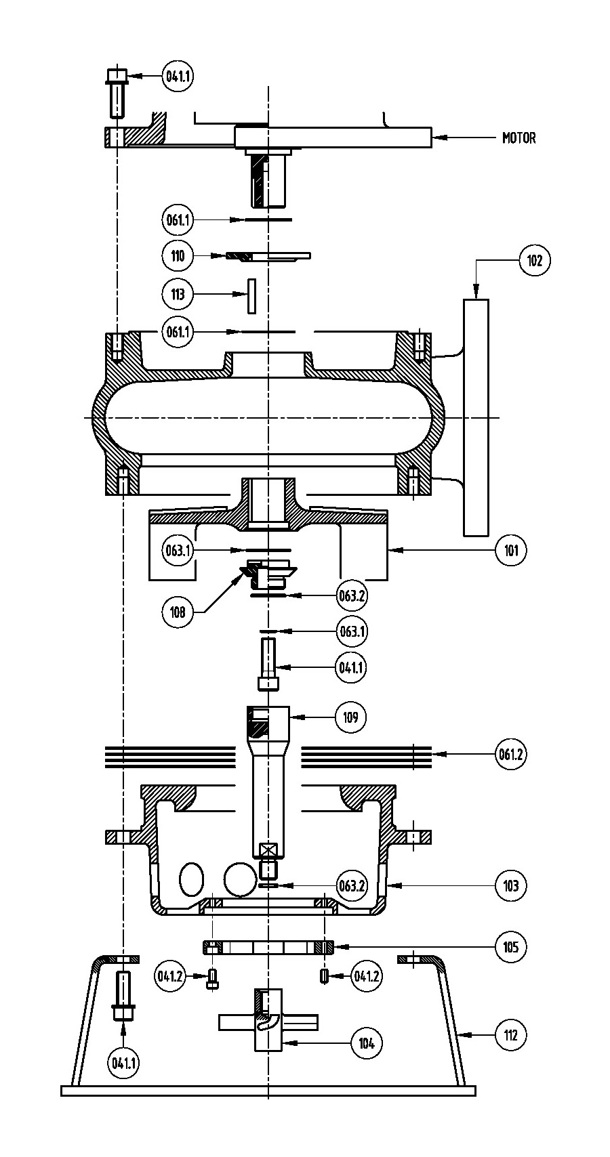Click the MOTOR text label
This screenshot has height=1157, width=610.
pyautogui.click(x=518, y=138)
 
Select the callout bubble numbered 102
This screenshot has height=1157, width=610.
pyautogui.click(x=534, y=260)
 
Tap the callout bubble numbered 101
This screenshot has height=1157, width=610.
pyautogui.click(x=511, y=550)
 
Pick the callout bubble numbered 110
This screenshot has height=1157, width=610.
pyautogui.click(x=178, y=255)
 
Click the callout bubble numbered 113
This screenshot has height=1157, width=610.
pyautogui.click(x=178, y=294)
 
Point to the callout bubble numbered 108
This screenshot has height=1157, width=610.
pyautogui.click(x=178, y=612)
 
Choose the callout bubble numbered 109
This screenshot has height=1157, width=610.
pyautogui.click(x=350, y=717)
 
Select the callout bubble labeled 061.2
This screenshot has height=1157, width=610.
pyautogui.click(x=511, y=754)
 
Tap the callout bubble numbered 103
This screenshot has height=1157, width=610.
pyautogui.click(x=511, y=886)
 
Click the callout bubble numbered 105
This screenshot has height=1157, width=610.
pyautogui.click(x=511, y=947)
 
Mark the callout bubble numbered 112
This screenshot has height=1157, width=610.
pyautogui.click(x=511, y=1034)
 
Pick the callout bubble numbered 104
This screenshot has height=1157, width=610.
pyautogui.click(x=367, y=1043)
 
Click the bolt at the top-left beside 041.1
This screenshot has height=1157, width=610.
pyautogui.click(x=117, y=93)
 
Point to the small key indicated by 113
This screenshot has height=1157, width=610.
pyautogui.click(x=251, y=296)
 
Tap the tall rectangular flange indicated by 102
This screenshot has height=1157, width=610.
pyautogui.click(x=476, y=417)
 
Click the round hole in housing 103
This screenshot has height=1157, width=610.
pyautogui.click(x=241, y=879)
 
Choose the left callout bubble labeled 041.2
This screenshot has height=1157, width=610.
pyautogui.click(x=170, y=976)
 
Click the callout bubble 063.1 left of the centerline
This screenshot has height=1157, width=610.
pyautogui.click(x=178, y=550)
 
